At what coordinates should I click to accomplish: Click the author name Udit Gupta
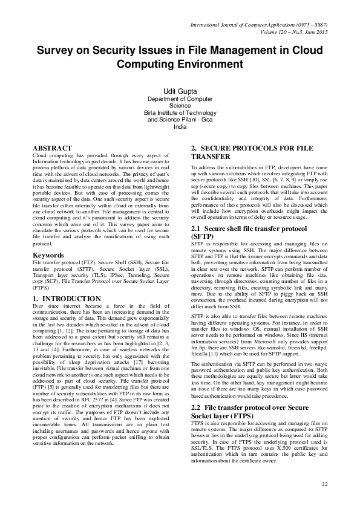(x=180, y=91)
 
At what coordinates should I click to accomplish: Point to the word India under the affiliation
(x=180, y=126)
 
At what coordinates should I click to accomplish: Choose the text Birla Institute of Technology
(x=180, y=112)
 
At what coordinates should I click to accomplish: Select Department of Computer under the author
(x=180, y=99)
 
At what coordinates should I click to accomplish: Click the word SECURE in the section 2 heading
(x=220, y=148)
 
